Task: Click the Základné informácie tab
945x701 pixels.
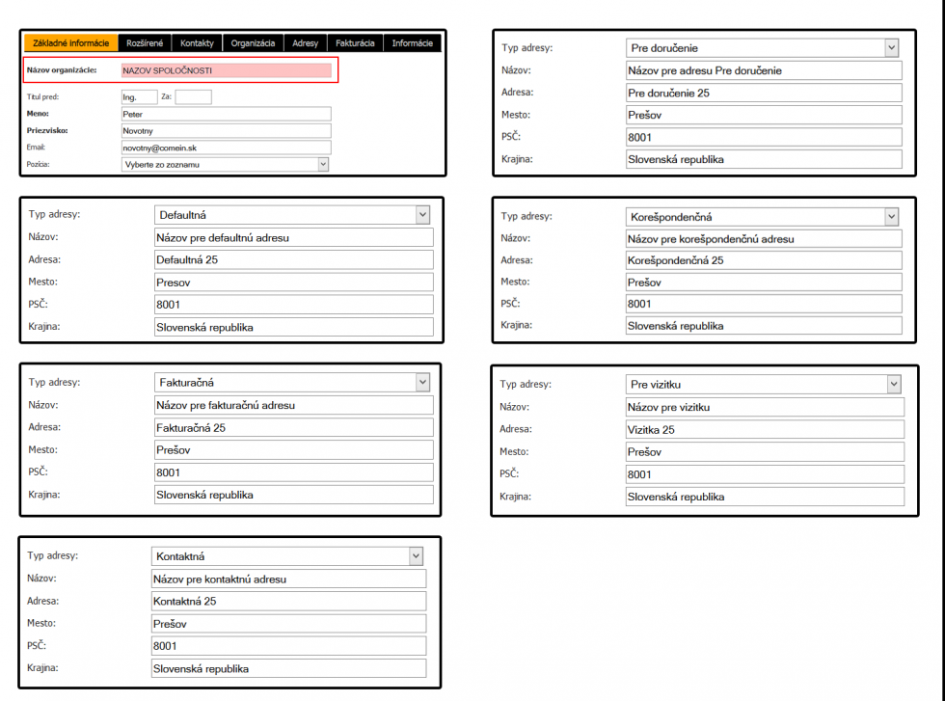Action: pos(70,43)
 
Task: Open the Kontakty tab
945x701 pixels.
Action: pos(197,43)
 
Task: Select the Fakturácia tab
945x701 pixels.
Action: pos(355,43)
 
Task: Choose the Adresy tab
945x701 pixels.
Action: pos(305,43)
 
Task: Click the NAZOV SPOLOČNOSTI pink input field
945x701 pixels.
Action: pos(226,70)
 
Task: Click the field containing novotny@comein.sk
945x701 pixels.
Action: pos(226,148)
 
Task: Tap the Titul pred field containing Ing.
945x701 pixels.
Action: pos(138,97)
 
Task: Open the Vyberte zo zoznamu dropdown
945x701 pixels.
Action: pos(226,164)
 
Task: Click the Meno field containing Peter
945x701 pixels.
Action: pos(226,114)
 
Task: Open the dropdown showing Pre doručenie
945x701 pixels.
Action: pos(762,47)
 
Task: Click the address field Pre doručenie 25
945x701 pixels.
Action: pos(762,93)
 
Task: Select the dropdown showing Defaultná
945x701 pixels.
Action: pos(291,215)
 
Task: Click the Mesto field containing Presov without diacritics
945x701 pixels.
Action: pos(293,283)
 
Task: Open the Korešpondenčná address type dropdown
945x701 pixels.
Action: pos(762,217)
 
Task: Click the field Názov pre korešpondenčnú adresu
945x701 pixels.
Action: pos(762,238)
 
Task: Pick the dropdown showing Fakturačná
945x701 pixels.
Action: pos(291,383)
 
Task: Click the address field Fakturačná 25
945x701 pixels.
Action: pos(293,427)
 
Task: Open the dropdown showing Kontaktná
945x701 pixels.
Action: pos(287,556)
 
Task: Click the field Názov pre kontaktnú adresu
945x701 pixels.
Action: pos(287,580)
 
